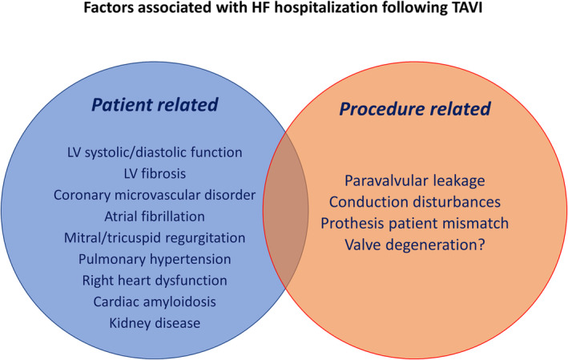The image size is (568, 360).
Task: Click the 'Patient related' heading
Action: [155, 105]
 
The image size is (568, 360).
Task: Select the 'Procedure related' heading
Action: [415, 109]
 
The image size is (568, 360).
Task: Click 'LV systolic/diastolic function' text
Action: [155, 152]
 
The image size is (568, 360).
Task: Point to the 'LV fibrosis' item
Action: [155, 174]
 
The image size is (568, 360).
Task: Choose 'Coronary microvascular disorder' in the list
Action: [155, 195]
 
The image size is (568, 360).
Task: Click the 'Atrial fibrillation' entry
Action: [155, 216]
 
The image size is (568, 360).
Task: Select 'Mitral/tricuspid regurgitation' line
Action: [155, 238]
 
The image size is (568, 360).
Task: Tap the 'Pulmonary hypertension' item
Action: [155, 260]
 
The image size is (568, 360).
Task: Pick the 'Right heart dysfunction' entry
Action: [155, 281]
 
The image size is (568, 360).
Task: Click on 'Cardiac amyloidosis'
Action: [155, 301]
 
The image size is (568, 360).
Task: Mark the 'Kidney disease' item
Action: [155, 323]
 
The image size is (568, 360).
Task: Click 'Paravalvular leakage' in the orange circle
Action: [415, 181]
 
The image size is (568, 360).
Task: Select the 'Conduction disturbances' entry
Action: [415, 202]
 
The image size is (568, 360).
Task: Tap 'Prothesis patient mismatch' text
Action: [415, 224]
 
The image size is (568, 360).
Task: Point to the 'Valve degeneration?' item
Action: [415, 245]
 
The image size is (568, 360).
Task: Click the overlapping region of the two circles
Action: [286, 210]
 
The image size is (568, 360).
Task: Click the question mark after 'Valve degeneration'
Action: [481, 245]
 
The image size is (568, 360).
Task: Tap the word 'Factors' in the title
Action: [106, 7]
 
